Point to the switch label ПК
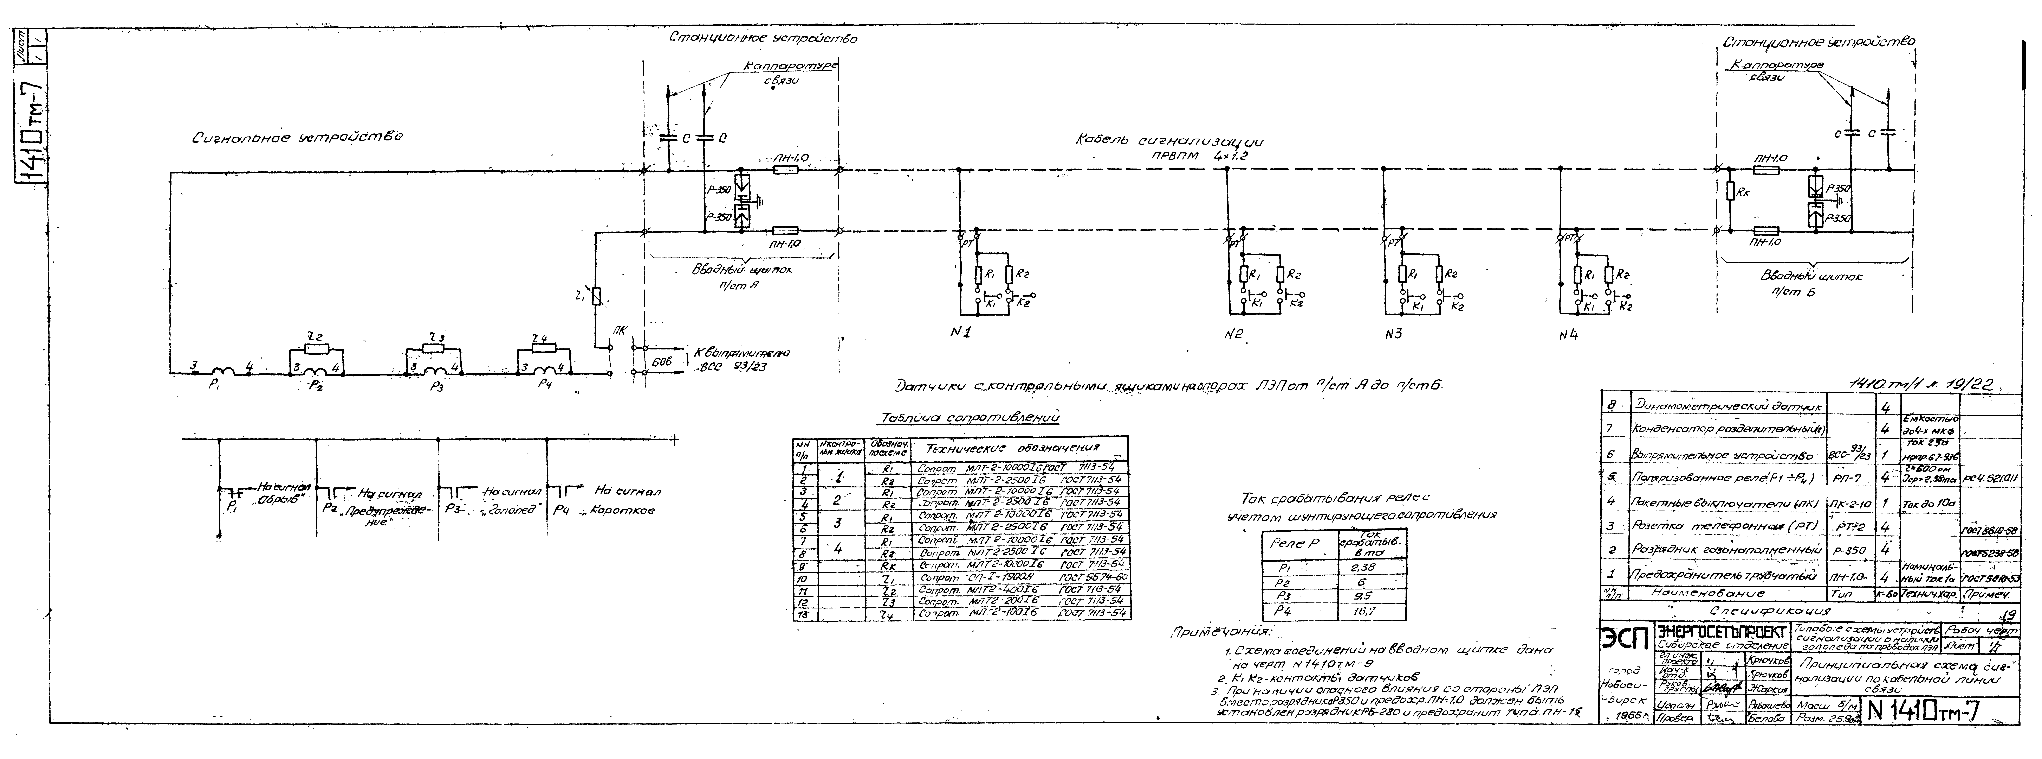pos(619,331)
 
